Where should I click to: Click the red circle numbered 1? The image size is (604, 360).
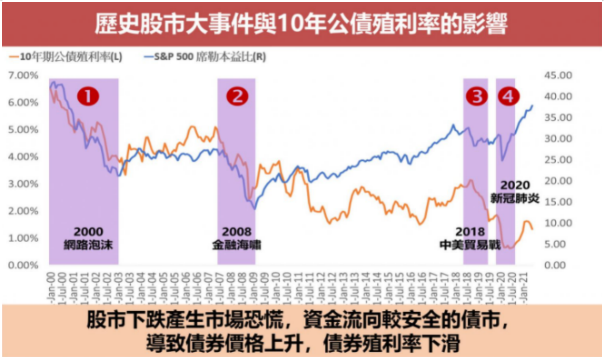click(x=88, y=97)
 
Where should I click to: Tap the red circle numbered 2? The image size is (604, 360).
click(x=237, y=97)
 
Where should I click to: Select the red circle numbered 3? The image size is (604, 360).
click(x=477, y=97)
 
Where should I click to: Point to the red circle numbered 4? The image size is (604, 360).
click(x=508, y=97)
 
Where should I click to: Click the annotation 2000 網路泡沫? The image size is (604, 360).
click(x=88, y=238)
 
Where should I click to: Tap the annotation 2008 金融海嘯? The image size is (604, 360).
click(x=236, y=238)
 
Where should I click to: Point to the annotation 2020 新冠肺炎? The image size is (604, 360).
click(x=515, y=192)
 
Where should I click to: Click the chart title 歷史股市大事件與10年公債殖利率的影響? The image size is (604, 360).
click(x=301, y=24)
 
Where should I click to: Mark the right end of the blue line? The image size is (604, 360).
click(x=533, y=105)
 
